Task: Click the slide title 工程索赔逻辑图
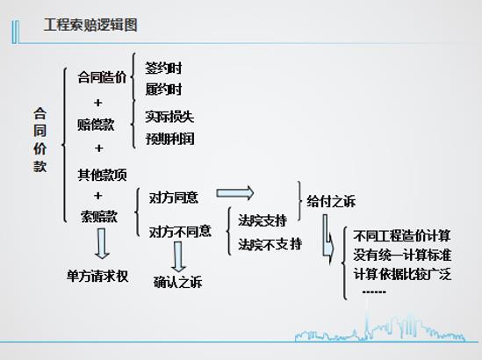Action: pos(90,25)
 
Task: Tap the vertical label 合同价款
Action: pos(40,140)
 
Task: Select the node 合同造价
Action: pos(102,77)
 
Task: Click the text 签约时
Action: pos(163,68)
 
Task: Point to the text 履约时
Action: pos(163,90)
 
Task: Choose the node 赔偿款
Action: pos(96,125)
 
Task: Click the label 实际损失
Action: pos(169,117)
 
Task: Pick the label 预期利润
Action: pos(169,139)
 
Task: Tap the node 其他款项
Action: pos(102,175)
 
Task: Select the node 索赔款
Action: pos(99,216)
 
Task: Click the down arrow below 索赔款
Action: pos(102,243)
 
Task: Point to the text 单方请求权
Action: pos(97,276)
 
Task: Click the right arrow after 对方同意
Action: pos(235,193)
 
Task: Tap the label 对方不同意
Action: pos(180,231)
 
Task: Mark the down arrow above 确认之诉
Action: pos(178,256)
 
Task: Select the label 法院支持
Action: pos(263,220)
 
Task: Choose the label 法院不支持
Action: pos(270,244)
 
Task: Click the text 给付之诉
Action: pos(331,202)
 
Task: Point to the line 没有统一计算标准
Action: pos(402,255)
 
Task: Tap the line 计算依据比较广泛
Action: pos(402,274)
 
